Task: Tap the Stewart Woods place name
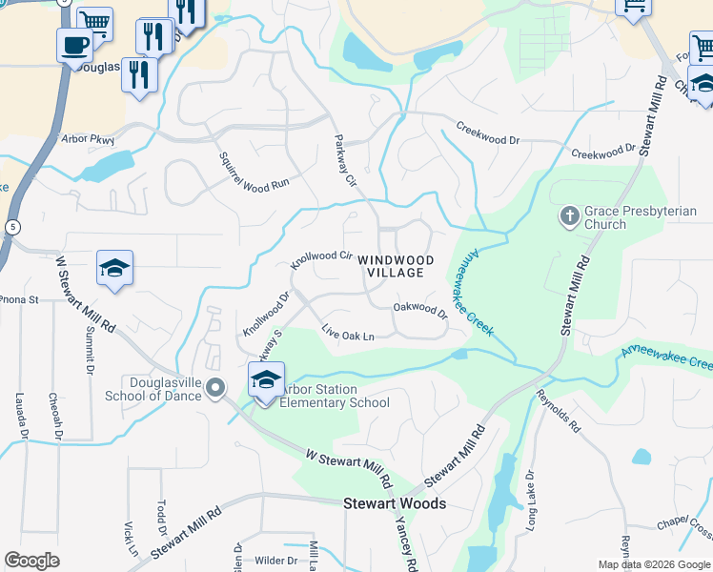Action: pos(395,503)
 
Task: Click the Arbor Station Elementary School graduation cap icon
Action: pos(267,379)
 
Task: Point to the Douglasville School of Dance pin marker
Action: pos(215,387)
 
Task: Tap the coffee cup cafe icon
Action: pos(74,44)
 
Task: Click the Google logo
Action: pos(31,561)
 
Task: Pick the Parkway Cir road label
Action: pos(344,160)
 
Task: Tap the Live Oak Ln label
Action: pos(348,335)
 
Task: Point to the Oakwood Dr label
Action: pos(420,309)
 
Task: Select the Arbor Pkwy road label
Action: pos(87,138)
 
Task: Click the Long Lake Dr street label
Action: pos(531,500)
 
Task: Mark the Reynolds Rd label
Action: pos(558,410)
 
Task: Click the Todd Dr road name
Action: pos(161,517)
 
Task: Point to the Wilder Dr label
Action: pos(276,561)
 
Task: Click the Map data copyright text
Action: pos(653,563)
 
